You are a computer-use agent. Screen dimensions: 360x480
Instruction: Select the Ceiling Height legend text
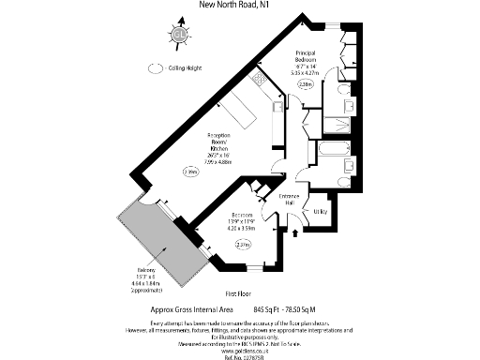coord(187,67)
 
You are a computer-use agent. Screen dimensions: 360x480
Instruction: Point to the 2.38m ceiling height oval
coord(306,84)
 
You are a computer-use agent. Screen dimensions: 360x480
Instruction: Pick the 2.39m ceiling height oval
coord(190,172)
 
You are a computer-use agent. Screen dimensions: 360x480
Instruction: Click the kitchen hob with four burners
coord(276,107)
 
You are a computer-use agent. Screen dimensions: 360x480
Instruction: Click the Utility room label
coord(320,212)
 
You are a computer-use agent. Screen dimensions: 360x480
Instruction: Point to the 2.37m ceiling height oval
coord(243,246)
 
